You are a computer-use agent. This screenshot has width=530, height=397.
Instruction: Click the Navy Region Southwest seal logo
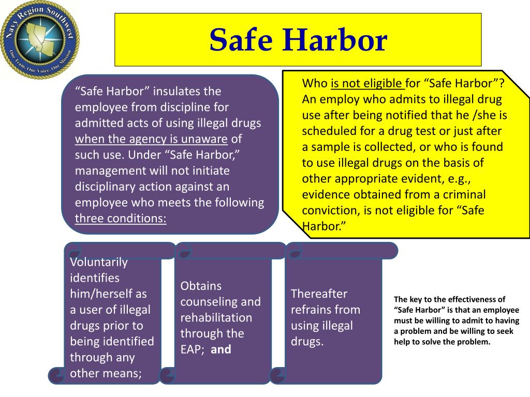(x=40, y=40)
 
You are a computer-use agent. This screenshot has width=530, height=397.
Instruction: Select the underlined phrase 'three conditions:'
(x=121, y=219)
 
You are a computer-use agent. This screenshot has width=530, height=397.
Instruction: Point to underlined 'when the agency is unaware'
(x=151, y=139)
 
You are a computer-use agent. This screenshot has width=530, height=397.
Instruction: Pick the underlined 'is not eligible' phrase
(x=367, y=83)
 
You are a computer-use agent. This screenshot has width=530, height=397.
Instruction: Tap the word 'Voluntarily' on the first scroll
(x=99, y=262)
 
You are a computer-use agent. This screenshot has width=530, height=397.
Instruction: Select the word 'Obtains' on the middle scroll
(x=201, y=286)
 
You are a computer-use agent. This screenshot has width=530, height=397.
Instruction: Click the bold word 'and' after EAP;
(x=221, y=349)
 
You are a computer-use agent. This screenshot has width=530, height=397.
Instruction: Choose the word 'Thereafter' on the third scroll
(x=319, y=294)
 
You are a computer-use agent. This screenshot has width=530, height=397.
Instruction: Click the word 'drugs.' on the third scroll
(x=307, y=342)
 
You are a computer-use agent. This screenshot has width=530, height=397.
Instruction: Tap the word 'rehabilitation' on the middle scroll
(x=216, y=318)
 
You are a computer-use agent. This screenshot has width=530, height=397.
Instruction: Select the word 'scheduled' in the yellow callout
(x=327, y=131)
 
